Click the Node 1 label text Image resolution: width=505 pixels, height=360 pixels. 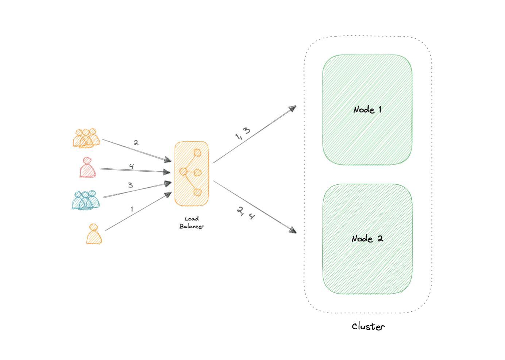pyautogui.click(x=367, y=110)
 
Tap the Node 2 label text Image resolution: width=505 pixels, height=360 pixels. pyautogui.click(x=367, y=239)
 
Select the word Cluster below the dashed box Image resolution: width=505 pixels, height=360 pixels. pyautogui.click(x=368, y=326)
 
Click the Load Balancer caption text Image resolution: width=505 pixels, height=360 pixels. pyautogui.click(x=192, y=222)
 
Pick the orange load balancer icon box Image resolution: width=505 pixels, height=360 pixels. pyautogui.click(x=192, y=173)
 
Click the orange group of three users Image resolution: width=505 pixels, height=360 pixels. pyautogui.click(x=86, y=138)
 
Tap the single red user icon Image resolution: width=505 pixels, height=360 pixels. pyautogui.click(x=88, y=168)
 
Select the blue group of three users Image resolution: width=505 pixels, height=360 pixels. pyautogui.click(x=86, y=200)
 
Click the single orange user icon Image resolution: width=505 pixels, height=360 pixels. pyautogui.click(x=94, y=234)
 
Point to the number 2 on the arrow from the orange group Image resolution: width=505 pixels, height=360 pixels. pyautogui.click(x=136, y=142)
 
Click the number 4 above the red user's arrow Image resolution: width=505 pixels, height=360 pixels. pyautogui.click(x=131, y=166)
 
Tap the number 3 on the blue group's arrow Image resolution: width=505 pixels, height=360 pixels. pyautogui.click(x=130, y=185)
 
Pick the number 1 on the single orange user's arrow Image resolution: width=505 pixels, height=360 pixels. pyautogui.click(x=132, y=209)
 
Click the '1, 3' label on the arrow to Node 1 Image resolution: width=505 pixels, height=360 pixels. pyautogui.click(x=243, y=134)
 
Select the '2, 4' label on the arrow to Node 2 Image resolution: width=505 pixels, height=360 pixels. pyautogui.click(x=246, y=213)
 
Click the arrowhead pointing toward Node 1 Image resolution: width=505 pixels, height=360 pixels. pyautogui.click(x=293, y=108)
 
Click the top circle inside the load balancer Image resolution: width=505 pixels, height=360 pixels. pyautogui.click(x=197, y=153)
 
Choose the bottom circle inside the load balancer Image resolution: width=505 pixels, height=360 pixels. pyautogui.click(x=197, y=192)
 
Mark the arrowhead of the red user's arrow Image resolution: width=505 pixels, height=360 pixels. pyautogui.click(x=167, y=172)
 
